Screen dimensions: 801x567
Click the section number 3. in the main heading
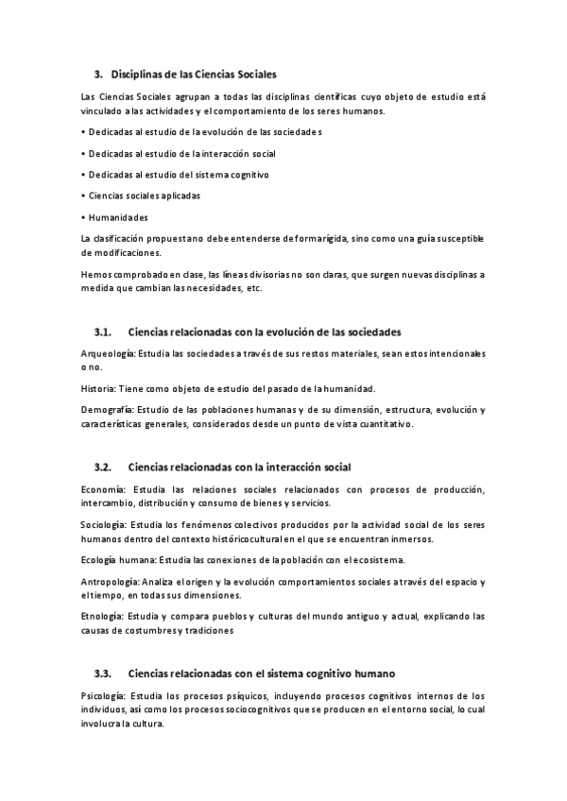pyautogui.click(x=98, y=74)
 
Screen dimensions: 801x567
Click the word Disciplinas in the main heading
pyautogui.click(x=138, y=74)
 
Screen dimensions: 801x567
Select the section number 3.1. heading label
pyautogui.click(x=103, y=332)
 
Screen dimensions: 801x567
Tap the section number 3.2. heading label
pyautogui.click(x=103, y=468)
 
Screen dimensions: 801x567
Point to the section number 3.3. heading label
pyautogui.click(x=103, y=673)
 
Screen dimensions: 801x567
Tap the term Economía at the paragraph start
pyautogui.click(x=103, y=488)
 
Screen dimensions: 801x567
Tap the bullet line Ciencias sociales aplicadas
pyautogui.click(x=144, y=196)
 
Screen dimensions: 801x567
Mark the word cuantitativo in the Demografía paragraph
pyautogui.click(x=383, y=425)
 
